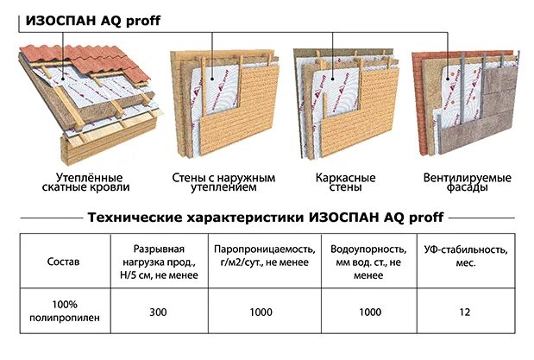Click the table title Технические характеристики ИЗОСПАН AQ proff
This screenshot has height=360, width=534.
pos(267,217)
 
